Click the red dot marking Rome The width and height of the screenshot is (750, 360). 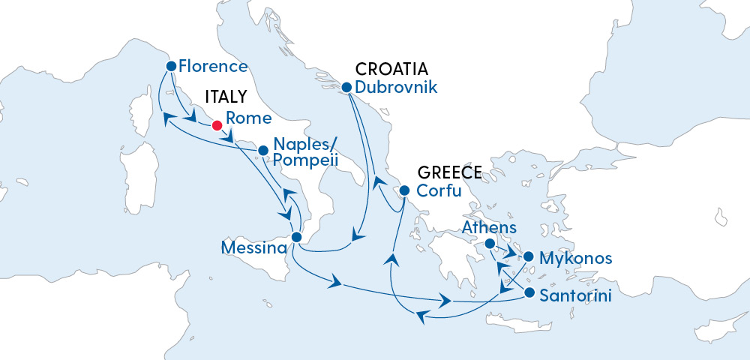pos(216,125)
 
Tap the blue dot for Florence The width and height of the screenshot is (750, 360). pos(171,66)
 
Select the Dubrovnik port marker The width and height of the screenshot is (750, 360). pos(346,88)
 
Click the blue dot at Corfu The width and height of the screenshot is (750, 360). pos(403,190)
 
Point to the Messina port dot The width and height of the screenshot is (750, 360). pos(296,237)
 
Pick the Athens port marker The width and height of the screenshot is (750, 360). pos(489,244)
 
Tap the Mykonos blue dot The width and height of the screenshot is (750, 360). pos(528,257)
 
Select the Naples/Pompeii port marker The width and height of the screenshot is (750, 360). pos(263,151)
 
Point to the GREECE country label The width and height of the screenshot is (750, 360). pos(448,172)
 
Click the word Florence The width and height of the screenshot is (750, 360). pos(213,66)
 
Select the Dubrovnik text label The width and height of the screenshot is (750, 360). pos(395,87)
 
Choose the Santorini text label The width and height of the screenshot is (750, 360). pos(575,295)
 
